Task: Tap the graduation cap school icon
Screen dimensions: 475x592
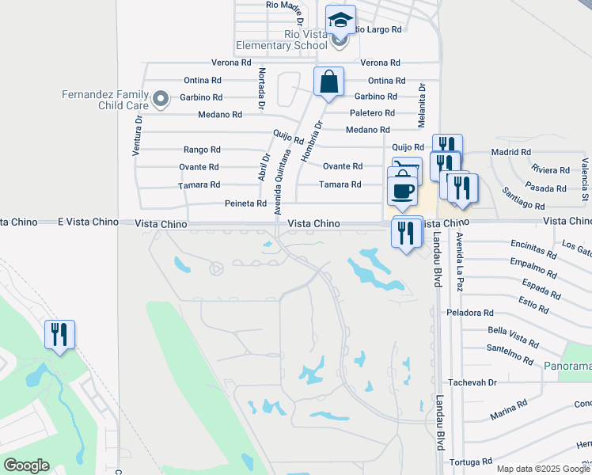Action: tap(340, 20)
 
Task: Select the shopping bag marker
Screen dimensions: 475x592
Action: tap(328, 82)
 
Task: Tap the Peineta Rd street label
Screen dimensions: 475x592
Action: tap(249, 203)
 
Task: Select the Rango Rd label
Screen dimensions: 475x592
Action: tap(202, 150)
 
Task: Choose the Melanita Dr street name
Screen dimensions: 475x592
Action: tap(422, 106)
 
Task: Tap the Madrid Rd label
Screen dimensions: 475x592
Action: tap(510, 152)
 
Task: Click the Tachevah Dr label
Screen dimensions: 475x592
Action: tap(472, 382)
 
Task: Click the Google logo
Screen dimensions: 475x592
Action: tap(26, 465)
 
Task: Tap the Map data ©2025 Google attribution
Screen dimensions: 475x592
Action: tap(544, 469)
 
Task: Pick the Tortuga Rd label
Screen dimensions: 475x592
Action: tap(471, 461)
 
